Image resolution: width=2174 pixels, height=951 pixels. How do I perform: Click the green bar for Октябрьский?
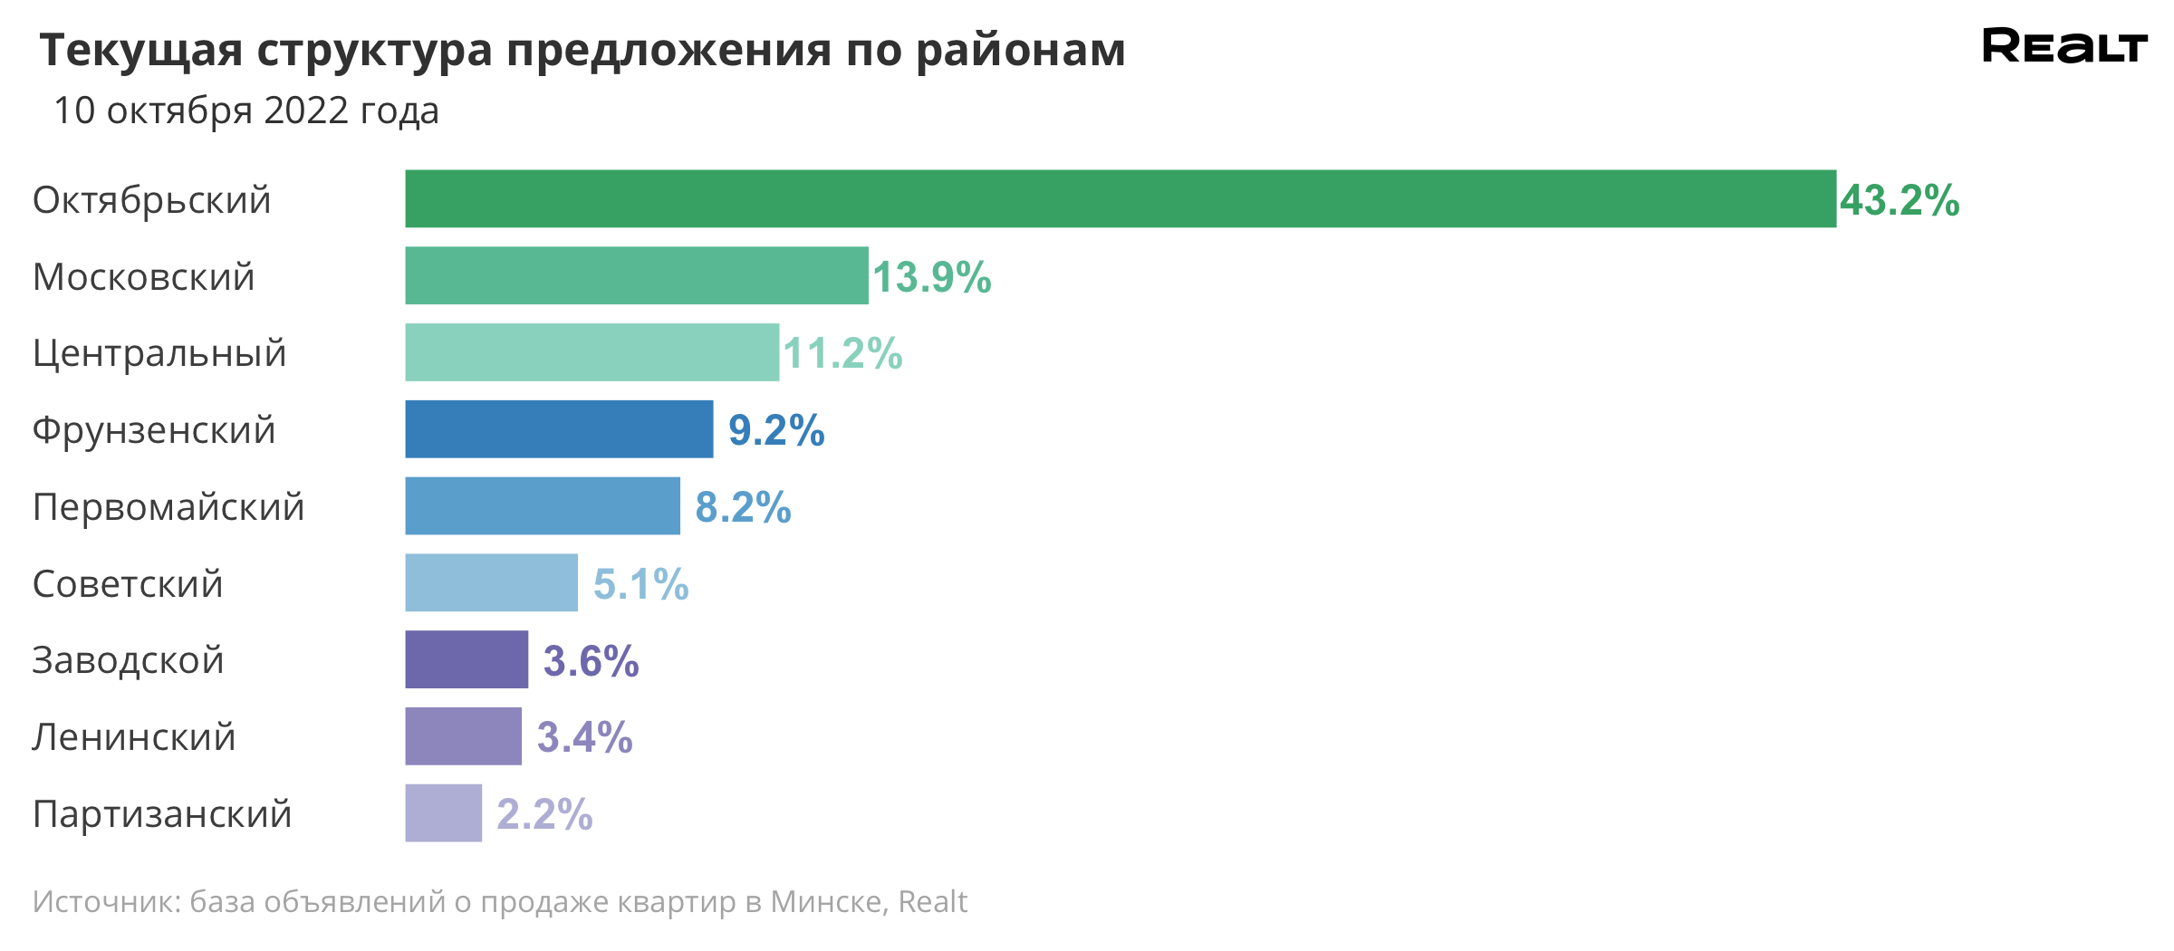click(1120, 198)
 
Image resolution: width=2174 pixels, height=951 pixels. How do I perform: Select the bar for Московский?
click(636, 275)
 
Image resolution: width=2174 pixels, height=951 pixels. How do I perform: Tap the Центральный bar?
click(592, 352)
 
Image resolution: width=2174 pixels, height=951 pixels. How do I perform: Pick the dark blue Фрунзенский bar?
click(559, 429)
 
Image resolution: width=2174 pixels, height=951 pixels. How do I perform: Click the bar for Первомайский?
click(542, 506)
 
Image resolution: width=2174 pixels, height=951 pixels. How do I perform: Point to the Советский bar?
click(491, 582)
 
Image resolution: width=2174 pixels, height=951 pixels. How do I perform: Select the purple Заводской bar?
click(467, 659)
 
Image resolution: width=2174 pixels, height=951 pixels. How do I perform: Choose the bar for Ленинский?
click(463, 736)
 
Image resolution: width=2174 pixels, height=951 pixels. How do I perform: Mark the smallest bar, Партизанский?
click(443, 812)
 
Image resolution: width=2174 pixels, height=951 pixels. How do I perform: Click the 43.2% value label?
click(1899, 200)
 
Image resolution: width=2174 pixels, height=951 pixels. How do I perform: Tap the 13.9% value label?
click(931, 277)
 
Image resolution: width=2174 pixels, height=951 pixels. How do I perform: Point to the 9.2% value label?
click(776, 430)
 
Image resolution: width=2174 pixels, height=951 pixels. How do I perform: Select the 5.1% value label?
click(641, 584)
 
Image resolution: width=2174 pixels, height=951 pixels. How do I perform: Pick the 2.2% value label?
click(544, 814)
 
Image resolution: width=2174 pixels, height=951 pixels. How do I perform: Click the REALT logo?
click(2064, 46)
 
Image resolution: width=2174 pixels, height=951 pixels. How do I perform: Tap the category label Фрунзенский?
click(154, 430)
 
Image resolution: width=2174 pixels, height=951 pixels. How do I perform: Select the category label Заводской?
click(128, 660)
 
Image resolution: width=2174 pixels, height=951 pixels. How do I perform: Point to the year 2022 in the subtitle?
click(306, 110)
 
